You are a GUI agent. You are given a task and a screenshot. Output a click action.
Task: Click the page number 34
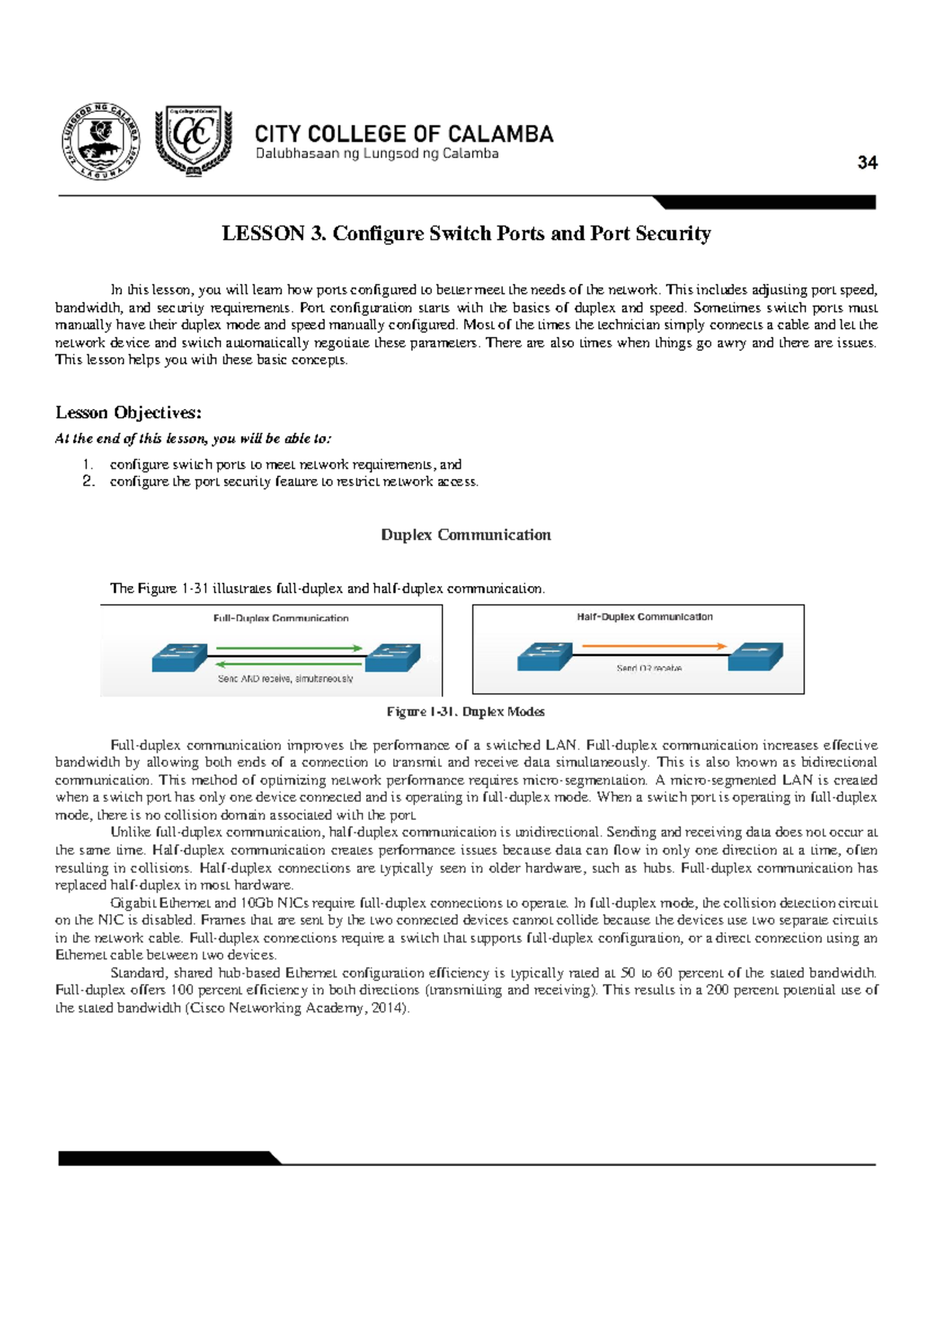point(867,163)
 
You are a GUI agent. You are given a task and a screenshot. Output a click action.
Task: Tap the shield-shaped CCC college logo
point(193,140)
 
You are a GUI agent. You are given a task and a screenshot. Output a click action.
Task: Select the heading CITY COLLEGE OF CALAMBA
point(404,134)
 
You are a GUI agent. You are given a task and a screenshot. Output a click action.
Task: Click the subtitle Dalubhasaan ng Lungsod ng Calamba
point(377,154)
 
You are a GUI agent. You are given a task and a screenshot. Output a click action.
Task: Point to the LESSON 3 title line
point(466,234)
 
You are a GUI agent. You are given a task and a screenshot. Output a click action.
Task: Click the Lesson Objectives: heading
point(129,412)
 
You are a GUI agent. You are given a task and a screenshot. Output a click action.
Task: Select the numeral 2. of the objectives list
point(88,481)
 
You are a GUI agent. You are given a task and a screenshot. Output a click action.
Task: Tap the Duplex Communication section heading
point(465,535)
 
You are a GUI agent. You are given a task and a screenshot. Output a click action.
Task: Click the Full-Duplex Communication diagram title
point(281,619)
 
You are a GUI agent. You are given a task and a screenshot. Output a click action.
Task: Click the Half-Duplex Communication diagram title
point(644,617)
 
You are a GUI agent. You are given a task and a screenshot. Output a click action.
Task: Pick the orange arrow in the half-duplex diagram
point(653,646)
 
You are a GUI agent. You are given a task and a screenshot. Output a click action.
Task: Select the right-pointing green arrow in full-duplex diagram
point(289,648)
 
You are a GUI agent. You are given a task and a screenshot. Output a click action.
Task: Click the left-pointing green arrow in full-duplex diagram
point(289,664)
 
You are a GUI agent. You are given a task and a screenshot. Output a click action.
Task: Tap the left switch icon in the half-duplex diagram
point(545,657)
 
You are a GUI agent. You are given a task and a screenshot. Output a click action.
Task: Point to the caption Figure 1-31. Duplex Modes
point(465,712)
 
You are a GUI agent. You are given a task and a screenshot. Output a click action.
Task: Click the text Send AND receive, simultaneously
point(285,679)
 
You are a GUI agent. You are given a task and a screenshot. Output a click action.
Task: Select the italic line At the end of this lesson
point(193,439)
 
